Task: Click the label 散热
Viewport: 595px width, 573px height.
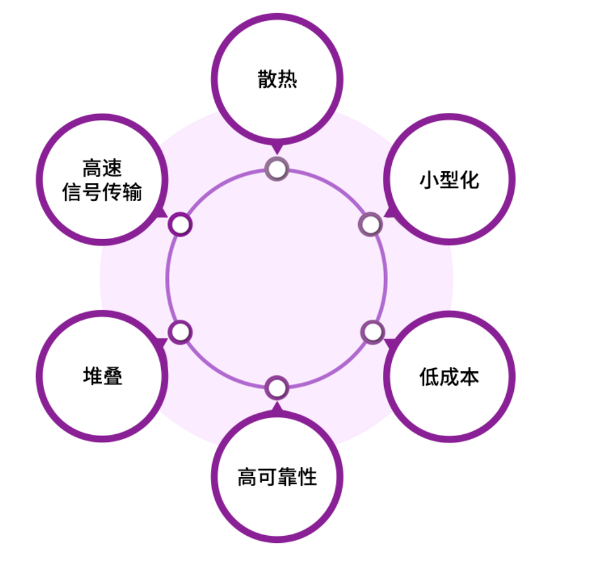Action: [277, 79]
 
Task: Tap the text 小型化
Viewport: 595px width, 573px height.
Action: [449, 180]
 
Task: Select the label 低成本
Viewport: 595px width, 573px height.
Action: [449, 377]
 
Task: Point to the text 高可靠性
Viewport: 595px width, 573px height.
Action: [277, 477]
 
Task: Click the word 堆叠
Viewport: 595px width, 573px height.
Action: [103, 377]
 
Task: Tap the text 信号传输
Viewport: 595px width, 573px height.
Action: [103, 193]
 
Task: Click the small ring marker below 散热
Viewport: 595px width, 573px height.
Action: [277, 169]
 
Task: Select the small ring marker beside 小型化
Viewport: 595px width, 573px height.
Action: [370, 225]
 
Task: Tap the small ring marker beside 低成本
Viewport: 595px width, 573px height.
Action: [373, 332]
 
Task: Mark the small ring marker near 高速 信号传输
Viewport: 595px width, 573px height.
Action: [180, 225]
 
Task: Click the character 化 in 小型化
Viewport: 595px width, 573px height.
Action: [469, 180]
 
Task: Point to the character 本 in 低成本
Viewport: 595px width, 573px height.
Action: [469, 377]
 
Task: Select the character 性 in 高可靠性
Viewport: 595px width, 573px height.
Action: [307, 477]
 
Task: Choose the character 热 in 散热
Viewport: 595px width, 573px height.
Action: [287, 79]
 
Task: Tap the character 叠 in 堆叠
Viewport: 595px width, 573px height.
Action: [113, 377]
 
